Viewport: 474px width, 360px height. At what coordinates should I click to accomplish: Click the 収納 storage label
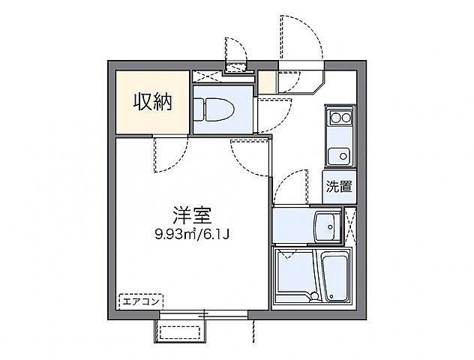click(153, 102)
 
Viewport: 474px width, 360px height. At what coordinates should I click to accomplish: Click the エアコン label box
click(139, 302)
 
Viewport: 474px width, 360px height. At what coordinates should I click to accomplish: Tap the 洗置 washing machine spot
click(339, 187)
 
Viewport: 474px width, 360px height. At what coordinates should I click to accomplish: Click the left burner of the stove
click(334, 117)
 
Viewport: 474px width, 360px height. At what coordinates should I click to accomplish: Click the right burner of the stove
click(346, 117)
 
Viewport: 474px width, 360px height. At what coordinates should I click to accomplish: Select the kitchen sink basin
click(339, 156)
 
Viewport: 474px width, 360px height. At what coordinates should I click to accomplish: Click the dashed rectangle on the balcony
click(181, 331)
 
